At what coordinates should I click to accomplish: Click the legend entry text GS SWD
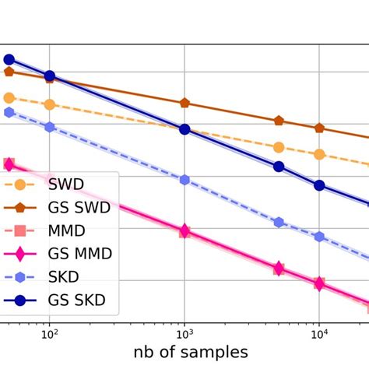[x=79, y=208]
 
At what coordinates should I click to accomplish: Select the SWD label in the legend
[x=66, y=185]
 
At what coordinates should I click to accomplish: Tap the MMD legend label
[x=67, y=231]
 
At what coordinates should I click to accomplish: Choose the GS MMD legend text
[x=79, y=254]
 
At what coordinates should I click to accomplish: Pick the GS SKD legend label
[x=76, y=300]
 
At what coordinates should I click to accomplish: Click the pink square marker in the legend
[x=20, y=231]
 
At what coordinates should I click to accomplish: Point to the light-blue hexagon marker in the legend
[x=20, y=276]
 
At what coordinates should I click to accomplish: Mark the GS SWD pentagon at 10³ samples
[x=184, y=103]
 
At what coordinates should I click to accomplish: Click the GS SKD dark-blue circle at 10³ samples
[x=184, y=129]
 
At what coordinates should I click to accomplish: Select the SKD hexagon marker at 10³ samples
[x=184, y=180]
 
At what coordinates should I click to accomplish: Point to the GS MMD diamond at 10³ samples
[x=184, y=230]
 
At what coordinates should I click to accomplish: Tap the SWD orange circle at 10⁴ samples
[x=319, y=154]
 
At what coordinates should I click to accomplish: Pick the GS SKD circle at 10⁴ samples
[x=319, y=185]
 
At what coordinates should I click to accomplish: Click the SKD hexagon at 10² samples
[x=50, y=126]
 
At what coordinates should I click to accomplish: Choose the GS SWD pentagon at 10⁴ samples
[x=319, y=128]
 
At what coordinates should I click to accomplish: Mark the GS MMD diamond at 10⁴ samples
[x=319, y=283]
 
